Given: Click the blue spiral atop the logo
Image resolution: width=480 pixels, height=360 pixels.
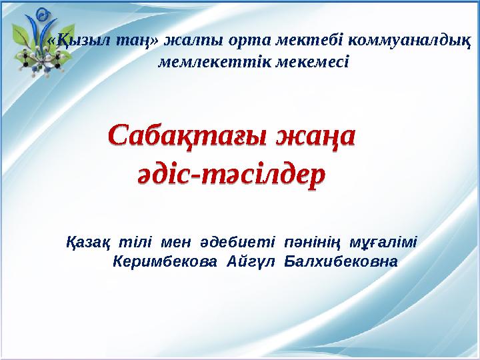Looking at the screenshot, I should [43, 14].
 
